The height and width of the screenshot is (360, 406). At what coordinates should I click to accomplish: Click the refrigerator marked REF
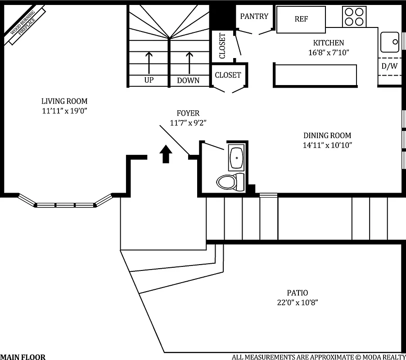coord(301,19)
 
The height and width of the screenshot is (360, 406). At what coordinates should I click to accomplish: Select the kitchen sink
coord(389,42)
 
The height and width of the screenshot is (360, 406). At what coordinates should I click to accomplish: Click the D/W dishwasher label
coord(389,66)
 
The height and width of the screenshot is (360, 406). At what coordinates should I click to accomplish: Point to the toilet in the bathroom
coord(230,182)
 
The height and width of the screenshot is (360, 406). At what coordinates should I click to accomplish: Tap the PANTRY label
coord(254,17)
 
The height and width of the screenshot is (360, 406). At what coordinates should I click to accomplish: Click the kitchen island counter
coord(315,75)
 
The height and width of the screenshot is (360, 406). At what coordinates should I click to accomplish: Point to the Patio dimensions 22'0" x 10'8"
coord(298,302)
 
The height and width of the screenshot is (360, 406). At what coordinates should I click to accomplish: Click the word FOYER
coord(188,113)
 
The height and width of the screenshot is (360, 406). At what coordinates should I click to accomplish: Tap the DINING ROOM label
coord(327,135)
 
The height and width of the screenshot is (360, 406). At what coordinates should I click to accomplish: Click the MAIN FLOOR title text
coord(23,357)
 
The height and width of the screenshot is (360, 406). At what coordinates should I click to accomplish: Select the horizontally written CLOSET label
coord(228,75)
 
